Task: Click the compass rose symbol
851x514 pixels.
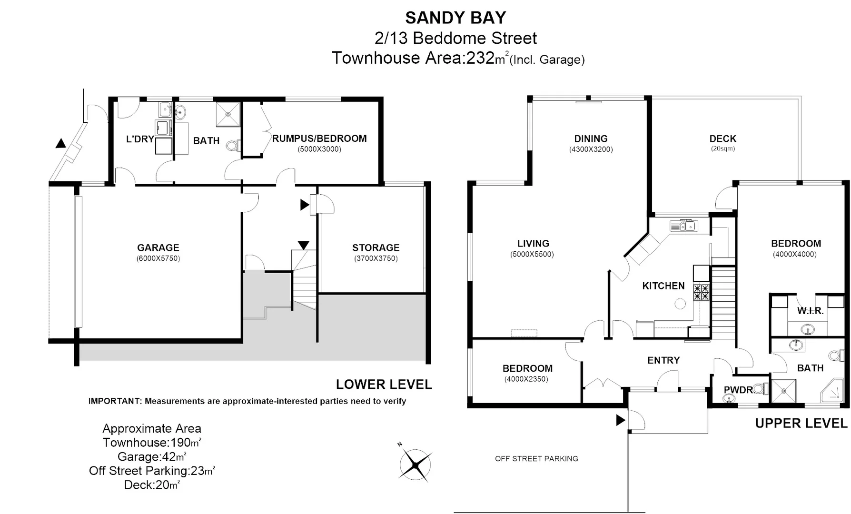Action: pos(416,465)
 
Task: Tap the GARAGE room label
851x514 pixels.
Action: pos(158,247)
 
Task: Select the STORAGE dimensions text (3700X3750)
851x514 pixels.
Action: pos(376,258)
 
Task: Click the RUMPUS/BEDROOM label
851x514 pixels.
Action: pos(319,138)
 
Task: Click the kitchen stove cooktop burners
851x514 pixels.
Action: pos(701,292)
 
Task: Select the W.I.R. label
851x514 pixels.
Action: pos(810,311)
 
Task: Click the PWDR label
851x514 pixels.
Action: pos(738,390)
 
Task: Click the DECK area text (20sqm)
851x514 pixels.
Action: pos(722,148)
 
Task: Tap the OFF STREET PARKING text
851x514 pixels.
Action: pos(536,459)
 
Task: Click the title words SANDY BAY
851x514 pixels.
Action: pos(455,18)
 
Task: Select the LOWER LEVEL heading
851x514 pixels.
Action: pos(384,384)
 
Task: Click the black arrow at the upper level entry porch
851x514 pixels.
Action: pos(620,420)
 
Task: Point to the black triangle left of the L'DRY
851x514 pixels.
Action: pos(60,143)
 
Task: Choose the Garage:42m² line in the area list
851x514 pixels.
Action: pos(151,456)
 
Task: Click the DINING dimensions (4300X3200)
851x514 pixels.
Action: pos(591,149)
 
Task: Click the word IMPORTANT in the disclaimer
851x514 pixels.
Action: pos(115,401)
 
